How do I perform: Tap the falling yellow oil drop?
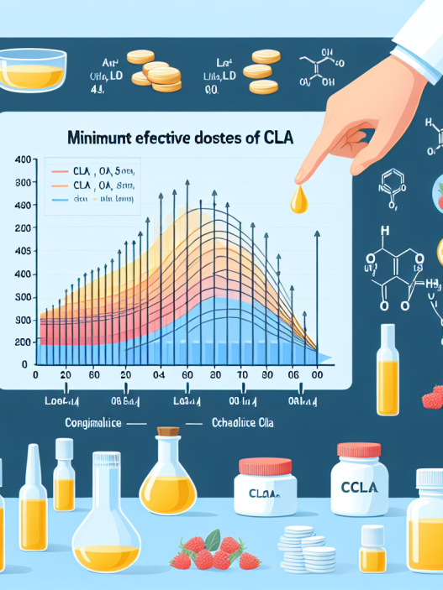pos(300,199)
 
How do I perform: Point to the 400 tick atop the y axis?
pos(23,159)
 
